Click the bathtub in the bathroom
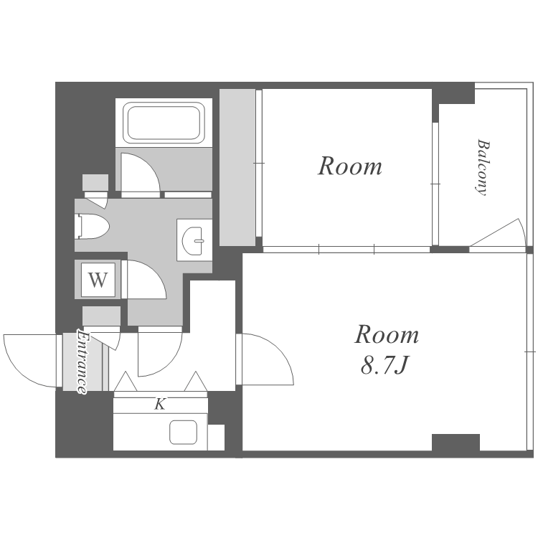coord(164,123)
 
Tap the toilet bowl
coord(92,227)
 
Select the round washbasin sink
coord(194,241)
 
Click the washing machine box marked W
coord(98,280)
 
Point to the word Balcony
coord(483,167)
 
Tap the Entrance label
coord(82,362)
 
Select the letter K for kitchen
coord(160,405)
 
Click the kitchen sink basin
coord(183,432)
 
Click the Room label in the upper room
coord(350,166)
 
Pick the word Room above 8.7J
coord(387,334)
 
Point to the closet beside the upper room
coord(237,167)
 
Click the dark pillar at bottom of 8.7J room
coord(456,443)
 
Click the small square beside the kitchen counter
coord(216,437)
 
